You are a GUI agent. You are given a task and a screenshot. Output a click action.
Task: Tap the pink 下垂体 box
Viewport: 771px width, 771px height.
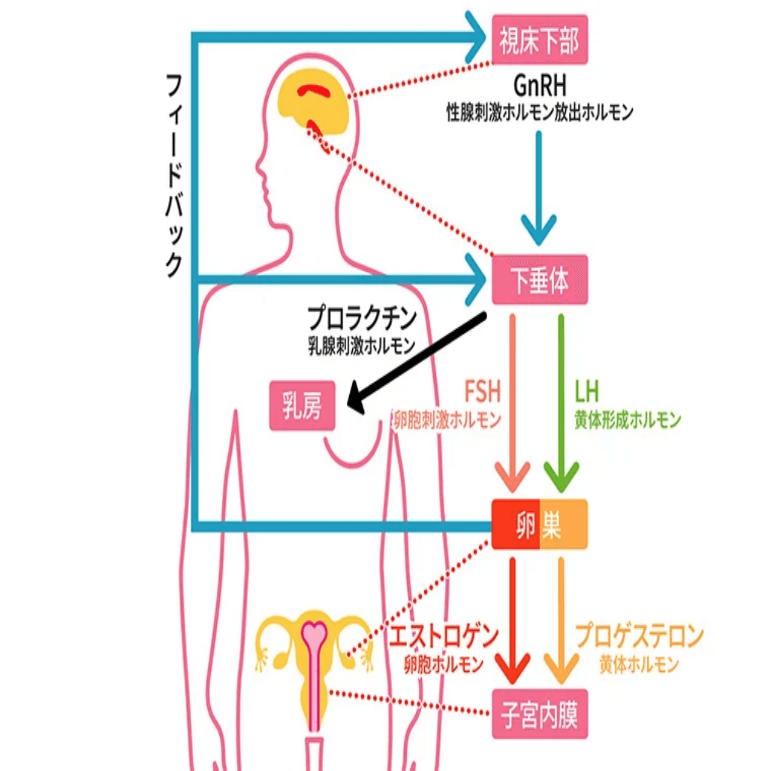tap(539, 281)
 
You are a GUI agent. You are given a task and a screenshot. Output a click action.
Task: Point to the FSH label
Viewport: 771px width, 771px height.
tap(482, 393)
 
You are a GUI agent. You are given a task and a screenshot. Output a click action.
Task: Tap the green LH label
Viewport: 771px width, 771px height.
tap(589, 393)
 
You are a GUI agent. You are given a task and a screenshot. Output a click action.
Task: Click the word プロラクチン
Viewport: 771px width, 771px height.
tap(362, 319)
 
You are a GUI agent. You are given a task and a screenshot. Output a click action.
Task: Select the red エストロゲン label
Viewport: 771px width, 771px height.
tap(444, 637)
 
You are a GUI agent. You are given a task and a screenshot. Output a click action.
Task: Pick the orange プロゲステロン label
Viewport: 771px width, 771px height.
tap(640, 637)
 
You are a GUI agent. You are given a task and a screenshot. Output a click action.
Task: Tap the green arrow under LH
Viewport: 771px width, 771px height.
tap(561, 405)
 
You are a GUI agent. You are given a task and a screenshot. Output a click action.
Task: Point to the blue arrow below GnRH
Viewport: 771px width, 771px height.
tap(538, 188)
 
